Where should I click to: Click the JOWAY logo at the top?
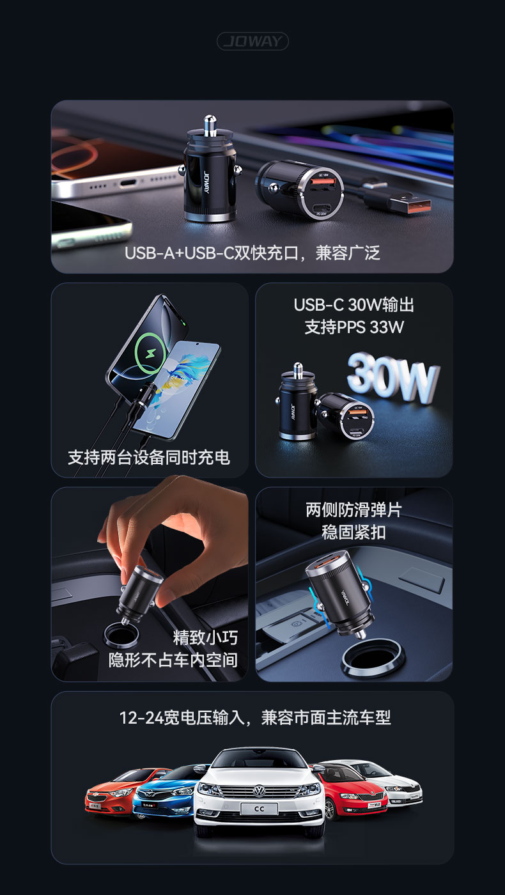point(252,41)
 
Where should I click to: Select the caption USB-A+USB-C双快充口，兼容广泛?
point(252,253)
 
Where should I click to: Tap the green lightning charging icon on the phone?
point(151,353)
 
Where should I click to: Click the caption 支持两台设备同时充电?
point(149,457)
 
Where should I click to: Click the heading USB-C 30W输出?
point(354,305)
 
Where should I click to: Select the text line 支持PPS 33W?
point(354,327)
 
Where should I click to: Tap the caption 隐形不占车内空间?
point(173,660)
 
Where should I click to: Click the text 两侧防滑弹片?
point(354,510)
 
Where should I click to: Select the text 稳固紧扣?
point(354,532)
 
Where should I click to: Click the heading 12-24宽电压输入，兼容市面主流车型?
point(255,717)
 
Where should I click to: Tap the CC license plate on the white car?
point(259,809)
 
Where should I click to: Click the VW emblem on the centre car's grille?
point(260,790)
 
